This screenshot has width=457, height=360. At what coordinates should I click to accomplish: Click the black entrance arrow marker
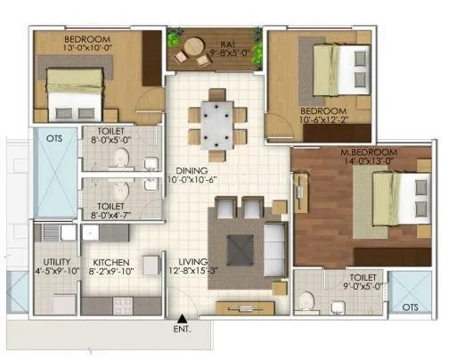[x=182, y=318]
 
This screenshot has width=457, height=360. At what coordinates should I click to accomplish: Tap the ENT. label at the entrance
[x=182, y=331]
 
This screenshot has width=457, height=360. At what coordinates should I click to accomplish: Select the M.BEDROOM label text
[x=369, y=154]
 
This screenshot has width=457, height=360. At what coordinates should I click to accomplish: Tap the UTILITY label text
[x=54, y=263]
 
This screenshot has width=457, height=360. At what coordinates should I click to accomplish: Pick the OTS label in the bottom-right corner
[x=409, y=307]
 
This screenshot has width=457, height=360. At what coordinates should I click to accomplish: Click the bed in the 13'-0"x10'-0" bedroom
[x=77, y=98]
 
